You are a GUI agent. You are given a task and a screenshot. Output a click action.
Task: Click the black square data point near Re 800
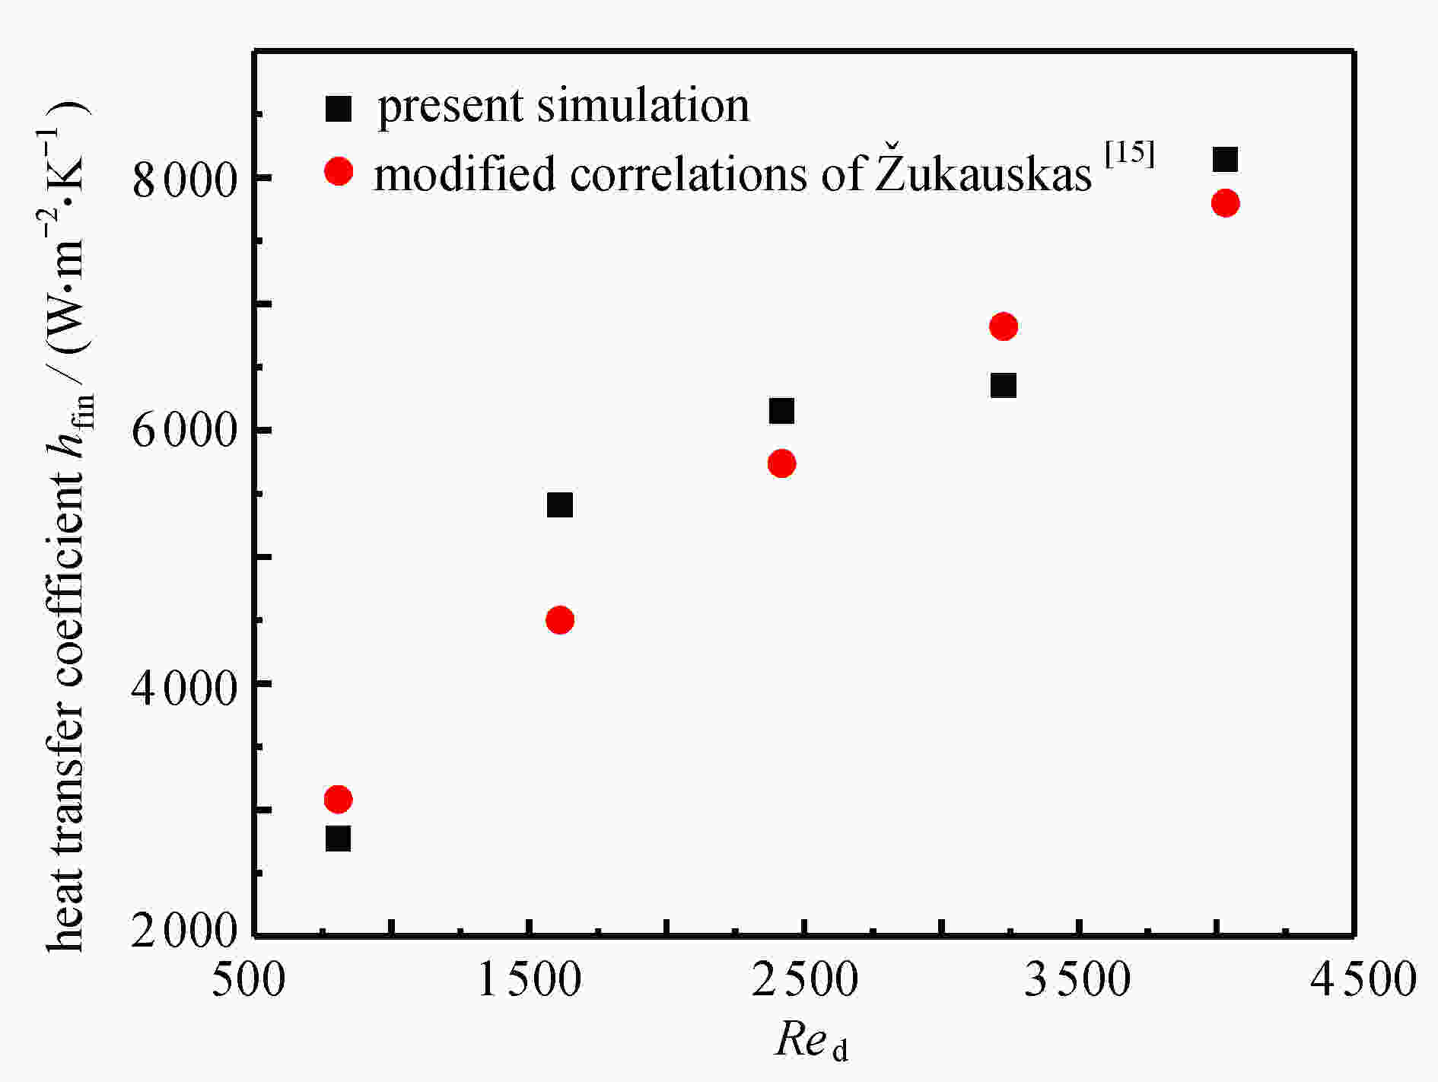click(x=338, y=839)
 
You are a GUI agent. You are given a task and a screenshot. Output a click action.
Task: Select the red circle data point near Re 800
click(x=338, y=800)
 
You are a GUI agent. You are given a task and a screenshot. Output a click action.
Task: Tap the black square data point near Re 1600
click(x=560, y=504)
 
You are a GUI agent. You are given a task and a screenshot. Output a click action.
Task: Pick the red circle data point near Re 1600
click(x=560, y=620)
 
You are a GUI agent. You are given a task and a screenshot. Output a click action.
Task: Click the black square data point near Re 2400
click(x=781, y=411)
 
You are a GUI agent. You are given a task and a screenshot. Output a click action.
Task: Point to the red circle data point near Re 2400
click(x=781, y=463)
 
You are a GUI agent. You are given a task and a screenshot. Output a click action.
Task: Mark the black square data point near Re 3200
click(x=1004, y=385)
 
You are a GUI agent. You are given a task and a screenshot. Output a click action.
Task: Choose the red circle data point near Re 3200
click(x=1004, y=327)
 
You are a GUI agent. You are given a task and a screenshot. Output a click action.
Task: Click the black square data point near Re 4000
click(x=1225, y=160)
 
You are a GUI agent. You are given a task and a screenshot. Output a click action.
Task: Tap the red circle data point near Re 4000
click(x=1225, y=203)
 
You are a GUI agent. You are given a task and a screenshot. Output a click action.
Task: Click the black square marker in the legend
click(x=339, y=108)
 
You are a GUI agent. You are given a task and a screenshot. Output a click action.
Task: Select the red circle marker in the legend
click(x=339, y=171)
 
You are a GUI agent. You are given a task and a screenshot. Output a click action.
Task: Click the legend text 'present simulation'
click(x=564, y=106)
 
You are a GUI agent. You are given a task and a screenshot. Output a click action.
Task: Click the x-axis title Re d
click(x=810, y=1041)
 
